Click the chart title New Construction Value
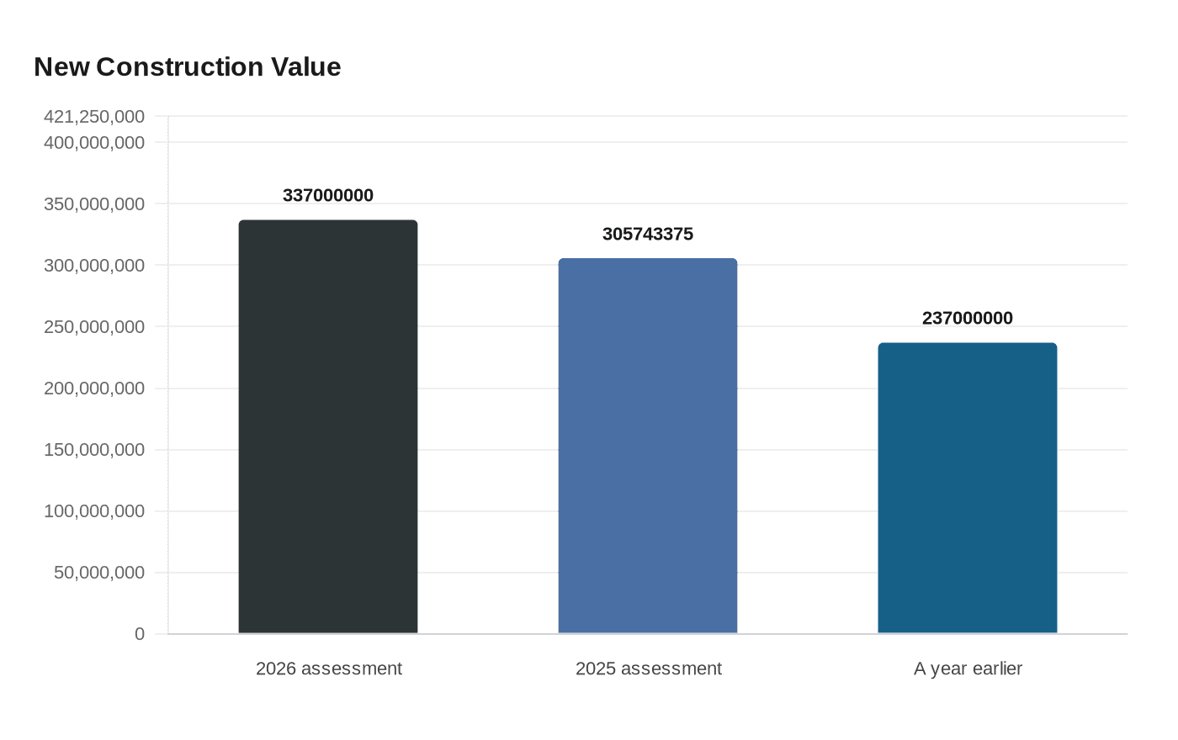187,66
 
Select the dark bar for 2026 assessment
328,426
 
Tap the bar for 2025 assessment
648,446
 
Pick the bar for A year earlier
968,488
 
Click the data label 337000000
328,195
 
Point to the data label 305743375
648,234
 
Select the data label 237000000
968,318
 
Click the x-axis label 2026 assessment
328,669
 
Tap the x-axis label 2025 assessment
648,669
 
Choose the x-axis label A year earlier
968,669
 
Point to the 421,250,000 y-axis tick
94,116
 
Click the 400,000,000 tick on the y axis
94,143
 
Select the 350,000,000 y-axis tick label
94,204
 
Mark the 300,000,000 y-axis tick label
94,266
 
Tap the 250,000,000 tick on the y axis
94,327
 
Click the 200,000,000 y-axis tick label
94,388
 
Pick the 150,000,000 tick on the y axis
94,450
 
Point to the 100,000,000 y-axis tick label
94,511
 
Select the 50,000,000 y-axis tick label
99,573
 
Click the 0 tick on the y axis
140,634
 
